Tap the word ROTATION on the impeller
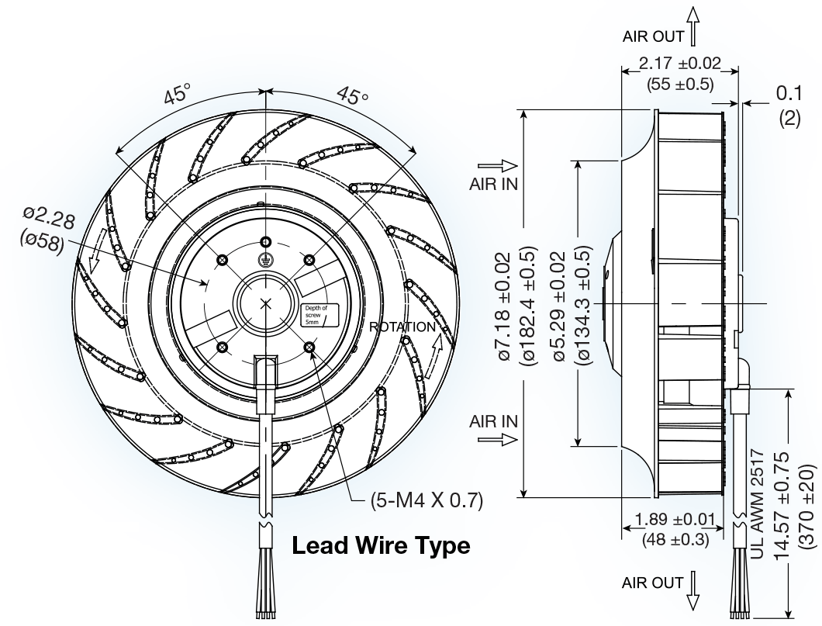[x=402, y=327]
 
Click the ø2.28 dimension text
[x=49, y=217]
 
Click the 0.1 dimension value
[x=789, y=93]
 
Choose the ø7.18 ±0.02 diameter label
[x=503, y=306]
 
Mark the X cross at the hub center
[x=268, y=303]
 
